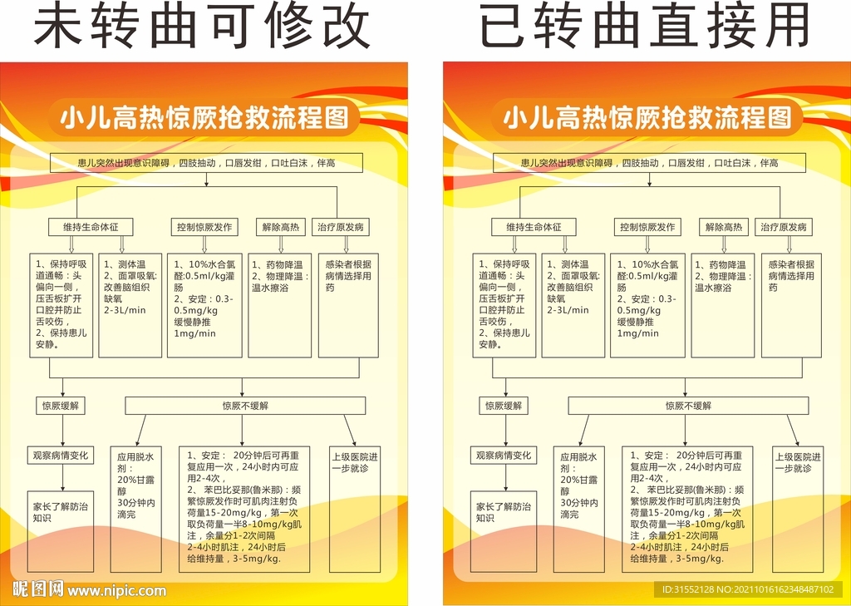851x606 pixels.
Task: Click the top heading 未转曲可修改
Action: [203, 26]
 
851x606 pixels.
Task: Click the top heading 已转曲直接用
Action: [645, 26]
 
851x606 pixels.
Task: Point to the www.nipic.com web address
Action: [116, 591]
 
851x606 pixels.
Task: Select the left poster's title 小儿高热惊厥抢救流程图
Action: [204, 118]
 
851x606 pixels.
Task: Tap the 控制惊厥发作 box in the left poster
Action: [204, 227]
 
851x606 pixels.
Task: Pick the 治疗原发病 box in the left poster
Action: [341, 227]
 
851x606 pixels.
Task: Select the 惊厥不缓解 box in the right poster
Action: [688, 406]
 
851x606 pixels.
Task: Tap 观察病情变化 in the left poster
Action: [61, 456]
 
